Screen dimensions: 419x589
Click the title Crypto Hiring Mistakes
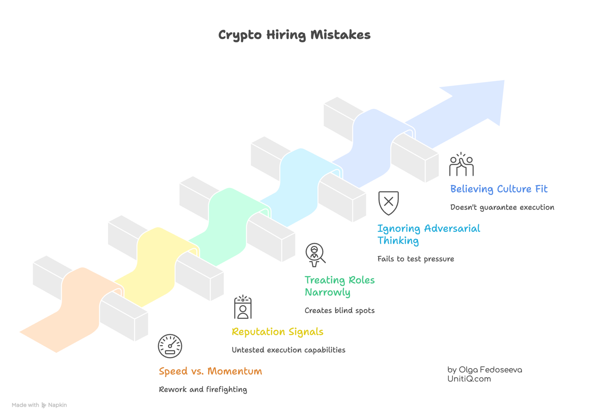[294, 35]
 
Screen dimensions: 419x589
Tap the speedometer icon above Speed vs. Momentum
[170, 346]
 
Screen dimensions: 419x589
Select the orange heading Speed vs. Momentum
[210, 371]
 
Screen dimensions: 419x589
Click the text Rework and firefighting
[203, 390]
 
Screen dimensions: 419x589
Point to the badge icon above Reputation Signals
[243, 308]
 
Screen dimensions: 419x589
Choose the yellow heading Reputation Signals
[277, 332]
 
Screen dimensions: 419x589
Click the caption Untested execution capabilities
[289, 350]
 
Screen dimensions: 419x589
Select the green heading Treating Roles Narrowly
[339, 286]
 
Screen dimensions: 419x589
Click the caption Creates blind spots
[339, 310]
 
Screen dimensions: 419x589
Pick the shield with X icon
[388, 202]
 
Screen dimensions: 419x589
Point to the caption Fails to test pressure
[415, 259]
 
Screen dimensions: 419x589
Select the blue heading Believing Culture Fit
[499, 189]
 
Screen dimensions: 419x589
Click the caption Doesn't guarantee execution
[502, 207]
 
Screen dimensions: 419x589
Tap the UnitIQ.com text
[469, 379]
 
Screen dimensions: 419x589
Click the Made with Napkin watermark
[39, 405]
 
